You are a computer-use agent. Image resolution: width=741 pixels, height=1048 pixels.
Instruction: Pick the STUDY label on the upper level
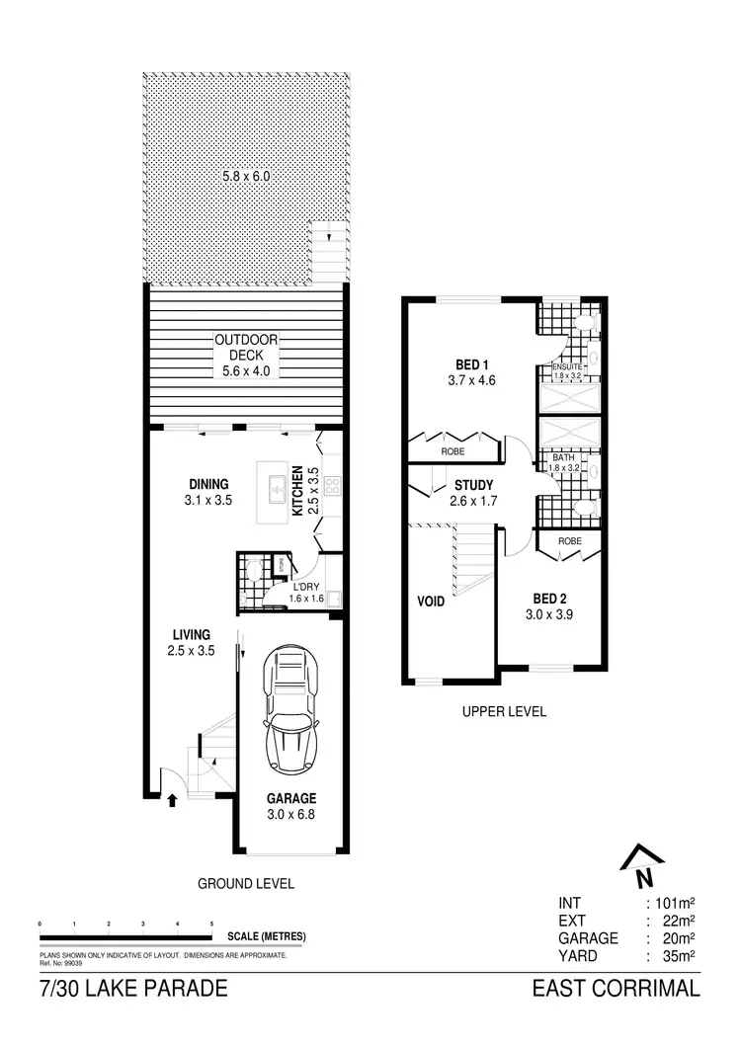pyautogui.click(x=473, y=485)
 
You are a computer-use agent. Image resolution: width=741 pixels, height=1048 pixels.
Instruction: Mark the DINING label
pyautogui.click(x=208, y=484)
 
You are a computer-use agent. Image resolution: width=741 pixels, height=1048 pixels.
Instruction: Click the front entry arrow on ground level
pyautogui.click(x=173, y=800)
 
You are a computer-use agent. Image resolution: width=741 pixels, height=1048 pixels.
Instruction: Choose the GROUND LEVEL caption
pyautogui.click(x=246, y=883)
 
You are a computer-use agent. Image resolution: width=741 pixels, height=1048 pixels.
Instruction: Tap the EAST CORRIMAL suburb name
pyautogui.click(x=616, y=989)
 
